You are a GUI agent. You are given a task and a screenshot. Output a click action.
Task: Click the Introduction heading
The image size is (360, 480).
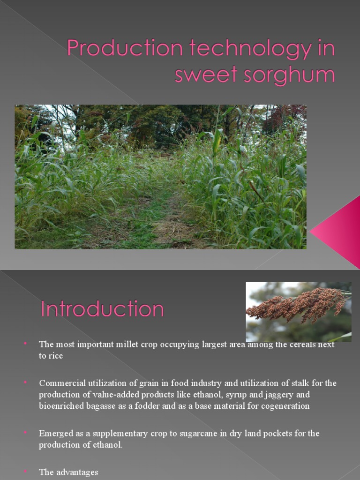(x=102, y=309)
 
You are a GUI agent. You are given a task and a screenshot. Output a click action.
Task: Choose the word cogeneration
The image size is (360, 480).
(x=286, y=406)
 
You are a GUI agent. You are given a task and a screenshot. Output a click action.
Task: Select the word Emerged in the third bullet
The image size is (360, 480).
(x=55, y=434)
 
